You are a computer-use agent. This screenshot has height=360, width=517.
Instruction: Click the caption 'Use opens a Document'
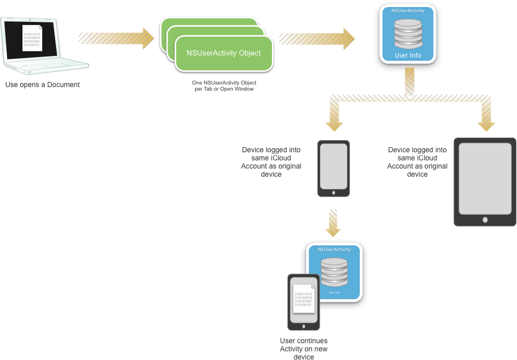(x=43, y=85)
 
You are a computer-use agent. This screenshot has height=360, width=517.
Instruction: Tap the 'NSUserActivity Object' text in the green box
(x=224, y=53)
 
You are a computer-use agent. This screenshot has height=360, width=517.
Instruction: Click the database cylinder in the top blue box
(x=408, y=34)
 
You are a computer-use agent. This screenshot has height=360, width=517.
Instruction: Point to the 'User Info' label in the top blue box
(x=408, y=55)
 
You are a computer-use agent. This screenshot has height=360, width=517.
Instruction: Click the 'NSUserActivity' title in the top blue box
(x=408, y=11)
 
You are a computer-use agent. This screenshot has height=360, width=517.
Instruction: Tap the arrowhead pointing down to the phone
(x=334, y=125)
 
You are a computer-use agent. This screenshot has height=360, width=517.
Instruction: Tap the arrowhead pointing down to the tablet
(x=486, y=125)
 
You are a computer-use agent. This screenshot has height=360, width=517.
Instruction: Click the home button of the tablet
(x=485, y=219)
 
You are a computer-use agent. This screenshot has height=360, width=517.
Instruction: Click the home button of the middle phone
(x=334, y=192)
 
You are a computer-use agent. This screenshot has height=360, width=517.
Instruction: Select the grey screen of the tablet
(x=485, y=179)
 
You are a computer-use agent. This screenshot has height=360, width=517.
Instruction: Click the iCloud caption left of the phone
(x=271, y=162)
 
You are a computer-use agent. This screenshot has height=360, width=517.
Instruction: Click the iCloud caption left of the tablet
(x=417, y=162)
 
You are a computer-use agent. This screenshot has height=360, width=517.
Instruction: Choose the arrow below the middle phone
(x=334, y=223)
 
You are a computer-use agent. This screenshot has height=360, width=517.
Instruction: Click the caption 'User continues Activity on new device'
(x=304, y=349)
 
